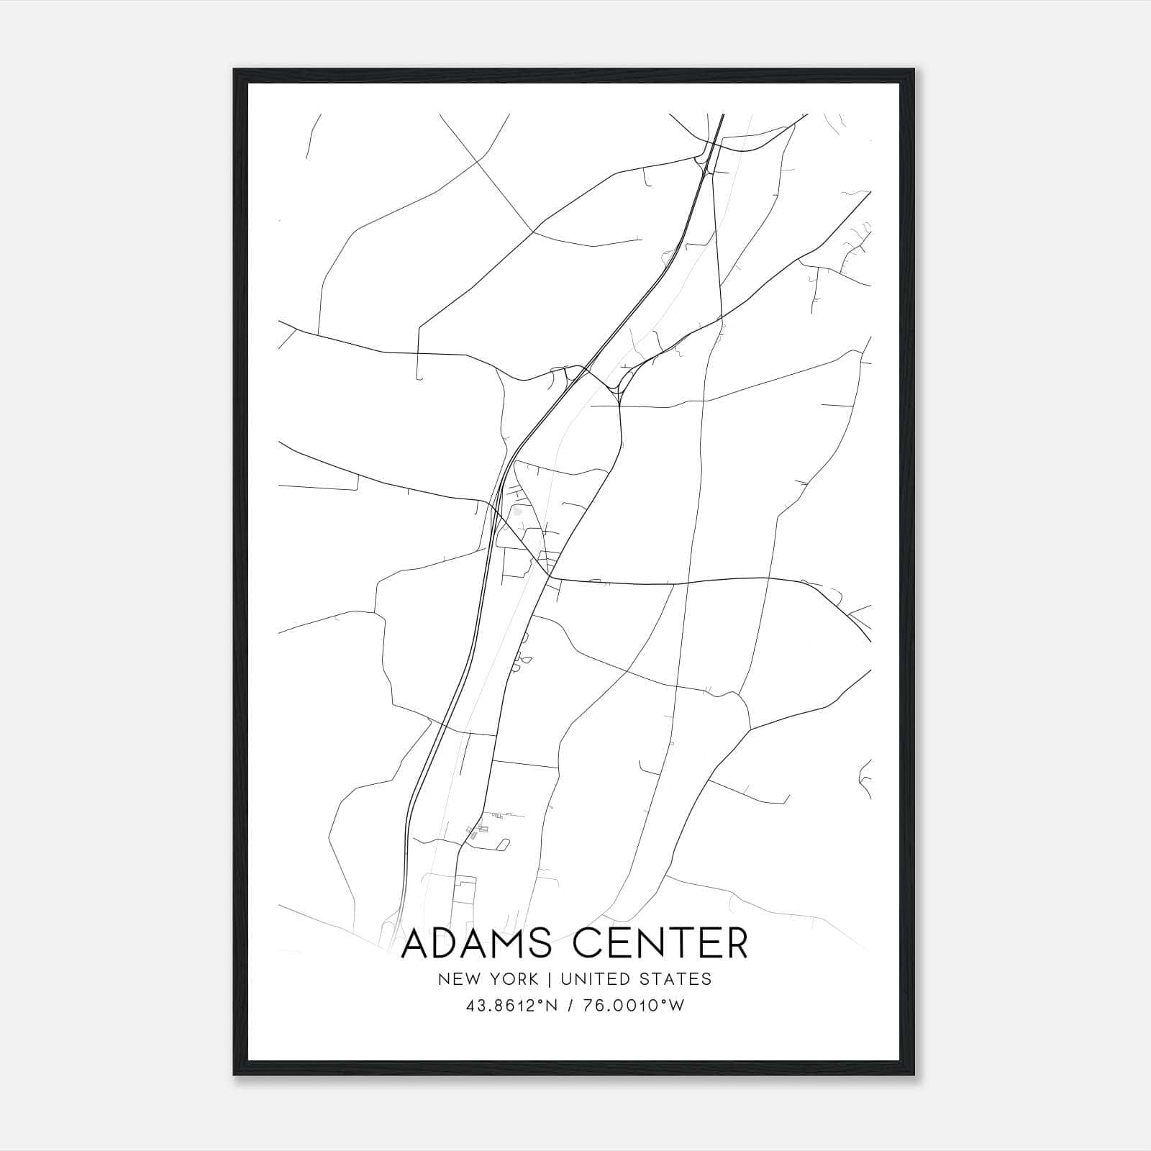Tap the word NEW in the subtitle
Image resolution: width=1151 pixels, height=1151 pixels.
coord(460,979)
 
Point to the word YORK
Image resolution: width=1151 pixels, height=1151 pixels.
coord(512,979)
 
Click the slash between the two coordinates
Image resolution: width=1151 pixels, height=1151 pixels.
coord(569,1006)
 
